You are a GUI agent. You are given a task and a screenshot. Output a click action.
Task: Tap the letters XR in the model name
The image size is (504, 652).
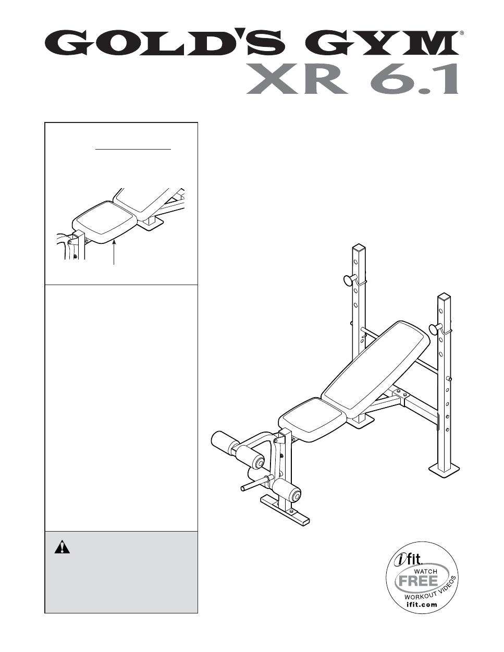point(296,79)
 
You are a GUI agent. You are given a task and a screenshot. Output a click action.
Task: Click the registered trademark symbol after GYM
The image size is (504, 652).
point(462,32)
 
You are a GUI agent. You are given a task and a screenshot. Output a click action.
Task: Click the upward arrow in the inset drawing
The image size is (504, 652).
point(114,253)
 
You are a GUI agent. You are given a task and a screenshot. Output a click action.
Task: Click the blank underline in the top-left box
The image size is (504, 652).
point(133,149)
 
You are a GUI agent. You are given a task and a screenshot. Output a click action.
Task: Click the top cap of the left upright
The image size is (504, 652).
point(360,249)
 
